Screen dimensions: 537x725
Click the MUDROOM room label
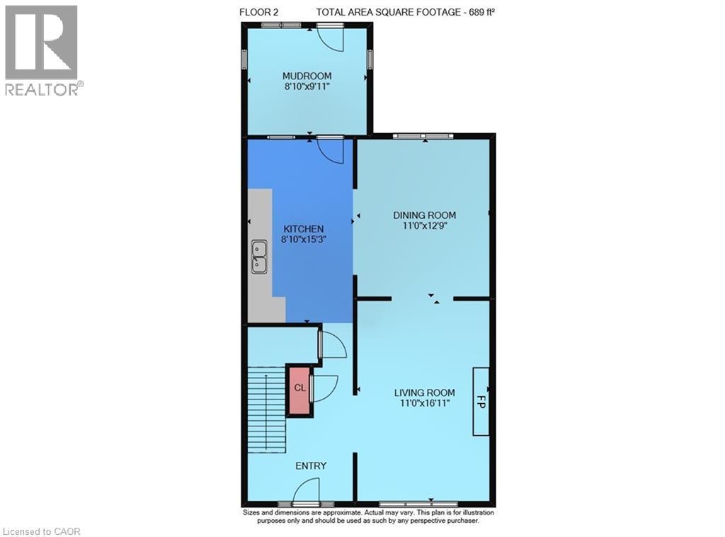307,77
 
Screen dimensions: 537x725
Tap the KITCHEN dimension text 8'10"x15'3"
304,240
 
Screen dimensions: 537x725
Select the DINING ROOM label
425,215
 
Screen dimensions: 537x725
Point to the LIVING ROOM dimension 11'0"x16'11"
424,403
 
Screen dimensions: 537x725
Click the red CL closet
299,389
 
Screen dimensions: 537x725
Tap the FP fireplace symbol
481,401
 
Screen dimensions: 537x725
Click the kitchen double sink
259,256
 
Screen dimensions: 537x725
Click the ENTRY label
311,465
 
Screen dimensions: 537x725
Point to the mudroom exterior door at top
330,37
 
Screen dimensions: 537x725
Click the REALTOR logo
42,50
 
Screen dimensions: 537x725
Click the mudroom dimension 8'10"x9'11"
307,87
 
